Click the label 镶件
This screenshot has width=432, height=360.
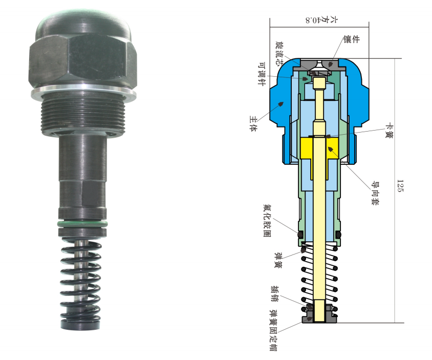click(x=352, y=39)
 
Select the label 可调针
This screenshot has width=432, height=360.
click(x=262, y=74)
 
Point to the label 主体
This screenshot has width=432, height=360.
click(x=253, y=123)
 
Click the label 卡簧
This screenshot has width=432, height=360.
click(x=389, y=131)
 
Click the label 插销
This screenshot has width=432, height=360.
click(x=274, y=294)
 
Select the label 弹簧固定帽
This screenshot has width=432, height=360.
click(x=273, y=330)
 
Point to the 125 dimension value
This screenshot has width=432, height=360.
click(x=400, y=186)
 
